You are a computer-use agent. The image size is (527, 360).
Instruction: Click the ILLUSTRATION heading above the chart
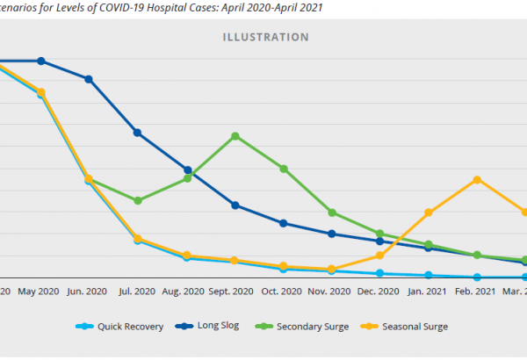[264, 38]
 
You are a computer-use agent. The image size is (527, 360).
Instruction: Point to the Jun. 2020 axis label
[87, 292]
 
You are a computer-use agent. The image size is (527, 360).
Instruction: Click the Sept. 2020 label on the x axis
[234, 292]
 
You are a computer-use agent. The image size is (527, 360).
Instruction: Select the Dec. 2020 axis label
[379, 292]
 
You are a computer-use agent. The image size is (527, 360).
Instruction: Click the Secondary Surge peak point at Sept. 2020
[235, 136]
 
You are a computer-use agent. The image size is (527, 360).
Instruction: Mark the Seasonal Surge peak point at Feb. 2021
[477, 180]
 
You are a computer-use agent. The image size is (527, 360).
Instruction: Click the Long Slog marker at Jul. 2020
[138, 133]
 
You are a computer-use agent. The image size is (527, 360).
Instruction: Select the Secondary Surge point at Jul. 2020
[138, 201]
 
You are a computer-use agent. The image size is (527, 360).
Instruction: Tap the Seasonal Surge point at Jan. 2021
[429, 212]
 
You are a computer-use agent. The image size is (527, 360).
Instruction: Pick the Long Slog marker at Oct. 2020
[283, 223]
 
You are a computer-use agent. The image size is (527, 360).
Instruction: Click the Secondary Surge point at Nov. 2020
[332, 212]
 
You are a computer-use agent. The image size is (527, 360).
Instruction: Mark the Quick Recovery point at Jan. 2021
[429, 275]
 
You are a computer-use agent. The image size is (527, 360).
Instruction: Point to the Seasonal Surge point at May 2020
[40, 91]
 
